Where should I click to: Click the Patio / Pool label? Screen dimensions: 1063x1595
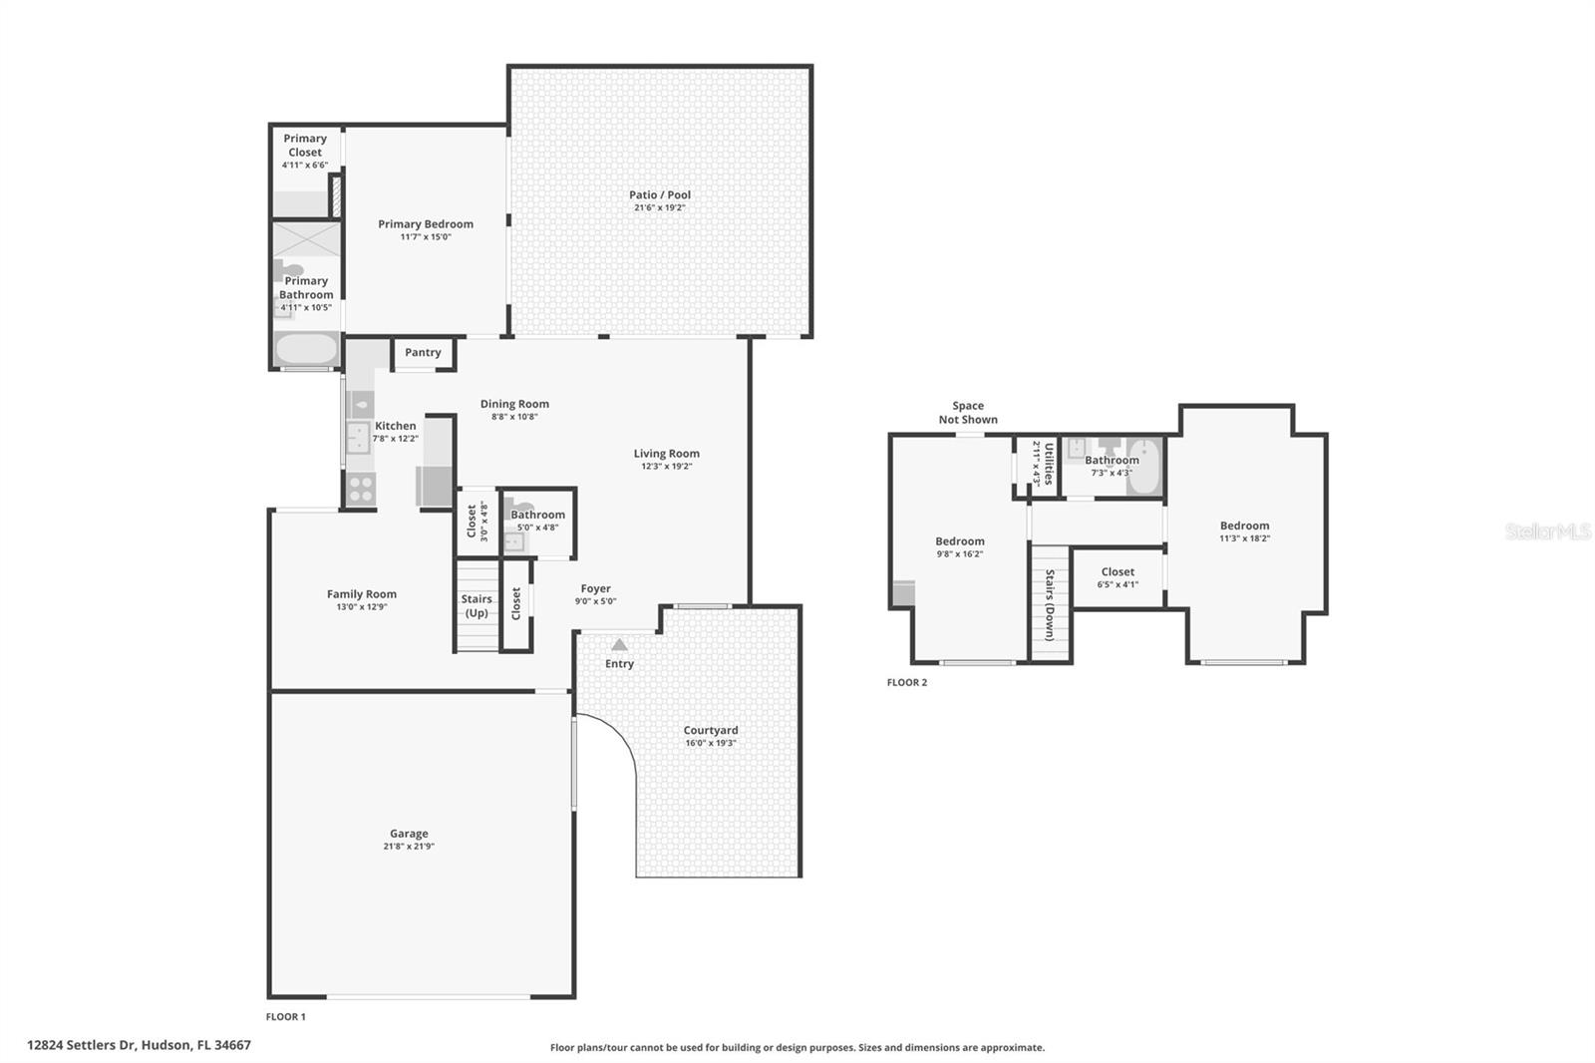659,195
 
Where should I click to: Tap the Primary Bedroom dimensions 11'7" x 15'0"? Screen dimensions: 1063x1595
426,237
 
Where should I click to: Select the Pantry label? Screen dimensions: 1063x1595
423,352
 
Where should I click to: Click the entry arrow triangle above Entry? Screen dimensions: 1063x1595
619,645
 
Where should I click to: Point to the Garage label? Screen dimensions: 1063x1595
409,834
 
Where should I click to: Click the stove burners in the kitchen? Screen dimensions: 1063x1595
361,489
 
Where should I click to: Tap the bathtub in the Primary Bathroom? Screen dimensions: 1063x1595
306,349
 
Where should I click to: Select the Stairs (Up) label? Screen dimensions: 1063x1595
477,606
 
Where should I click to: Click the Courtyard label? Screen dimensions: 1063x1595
711,730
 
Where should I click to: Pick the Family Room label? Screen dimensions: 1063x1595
362,594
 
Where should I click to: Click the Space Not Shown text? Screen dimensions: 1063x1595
967,413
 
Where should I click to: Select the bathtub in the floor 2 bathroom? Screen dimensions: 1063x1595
1144,467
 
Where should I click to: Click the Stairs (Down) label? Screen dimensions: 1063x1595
1050,604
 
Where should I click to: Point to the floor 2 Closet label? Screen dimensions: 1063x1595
1117,572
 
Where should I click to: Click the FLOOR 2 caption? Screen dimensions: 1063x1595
907,683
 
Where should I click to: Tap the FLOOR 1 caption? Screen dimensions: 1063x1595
286,1017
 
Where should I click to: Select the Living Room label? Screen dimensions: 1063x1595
667,454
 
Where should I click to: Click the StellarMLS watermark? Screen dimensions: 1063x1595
1547,531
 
